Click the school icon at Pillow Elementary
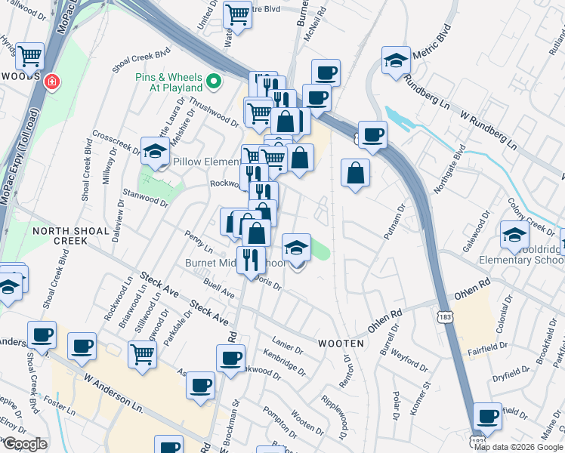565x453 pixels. coord(155,150)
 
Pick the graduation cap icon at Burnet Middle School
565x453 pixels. coord(296,247)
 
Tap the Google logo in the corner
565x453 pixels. coord(25,444)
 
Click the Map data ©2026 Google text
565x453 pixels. coord(519,447)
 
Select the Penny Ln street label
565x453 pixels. coord(198,242)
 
